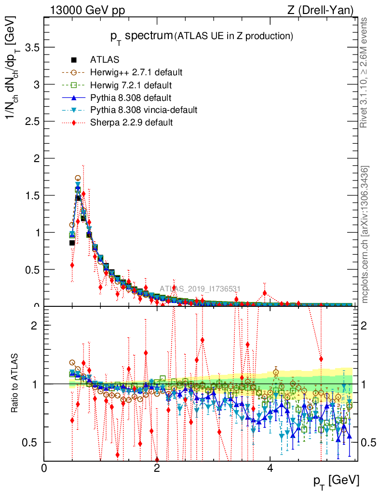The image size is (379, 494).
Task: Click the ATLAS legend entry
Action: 105,60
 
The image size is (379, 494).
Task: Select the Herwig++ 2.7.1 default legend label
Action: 136,72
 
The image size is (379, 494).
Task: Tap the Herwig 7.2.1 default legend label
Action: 132,85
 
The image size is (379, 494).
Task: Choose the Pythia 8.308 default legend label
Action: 131,97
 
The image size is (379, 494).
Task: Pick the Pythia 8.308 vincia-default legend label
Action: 144,110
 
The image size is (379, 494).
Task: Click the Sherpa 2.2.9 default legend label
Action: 131,123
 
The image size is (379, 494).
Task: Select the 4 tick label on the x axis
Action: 270,468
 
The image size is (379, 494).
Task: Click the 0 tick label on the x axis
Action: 44,468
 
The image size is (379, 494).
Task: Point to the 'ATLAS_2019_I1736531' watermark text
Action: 200,289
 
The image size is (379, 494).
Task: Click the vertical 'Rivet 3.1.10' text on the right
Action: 365,72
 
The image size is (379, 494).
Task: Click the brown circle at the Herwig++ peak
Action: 78,178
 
